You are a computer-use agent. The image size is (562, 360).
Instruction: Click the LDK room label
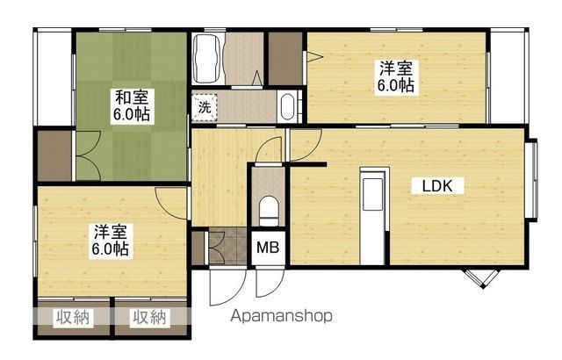pos(437,186)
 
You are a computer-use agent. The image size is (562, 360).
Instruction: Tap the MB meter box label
pos(268,248)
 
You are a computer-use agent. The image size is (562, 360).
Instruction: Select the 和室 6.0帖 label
pos(132,105)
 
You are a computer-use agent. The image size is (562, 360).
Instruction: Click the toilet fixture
pos(269,211)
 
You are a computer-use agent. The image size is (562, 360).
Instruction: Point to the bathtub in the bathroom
pos(206,58)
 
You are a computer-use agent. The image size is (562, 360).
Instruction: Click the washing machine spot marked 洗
pos(205,107)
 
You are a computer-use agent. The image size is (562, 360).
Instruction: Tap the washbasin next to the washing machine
pos(287,106)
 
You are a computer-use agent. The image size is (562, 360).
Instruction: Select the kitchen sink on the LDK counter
pos(372,193)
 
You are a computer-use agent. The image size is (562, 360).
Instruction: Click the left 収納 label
pos(73,317)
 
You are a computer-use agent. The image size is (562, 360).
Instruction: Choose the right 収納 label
pos(150,317)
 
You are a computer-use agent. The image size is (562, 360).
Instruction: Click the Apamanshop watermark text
pos(281,316)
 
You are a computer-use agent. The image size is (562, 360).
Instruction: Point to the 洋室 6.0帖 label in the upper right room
pos(396,77)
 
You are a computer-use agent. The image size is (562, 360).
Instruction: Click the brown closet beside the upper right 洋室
pos(285,59)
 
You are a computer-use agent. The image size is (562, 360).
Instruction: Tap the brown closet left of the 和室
pos(54,155)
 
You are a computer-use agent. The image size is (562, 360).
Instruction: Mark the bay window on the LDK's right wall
pos(532,180)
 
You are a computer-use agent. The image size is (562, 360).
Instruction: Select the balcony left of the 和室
pos(54,77)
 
